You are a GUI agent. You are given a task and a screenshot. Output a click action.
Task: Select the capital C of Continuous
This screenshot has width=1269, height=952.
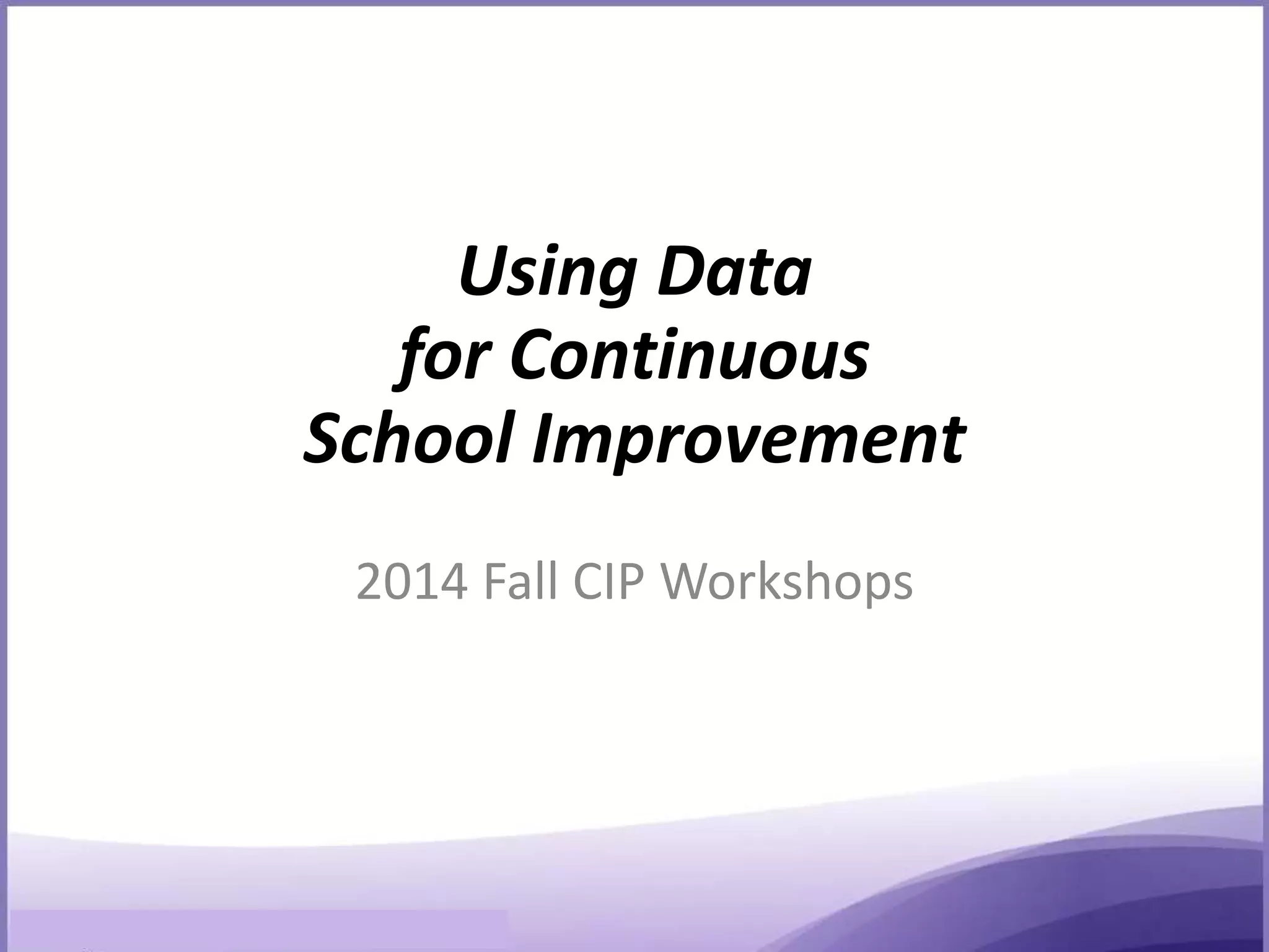tap(534, 357)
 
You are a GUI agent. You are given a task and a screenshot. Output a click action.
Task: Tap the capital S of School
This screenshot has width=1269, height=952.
tap(326, 440)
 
